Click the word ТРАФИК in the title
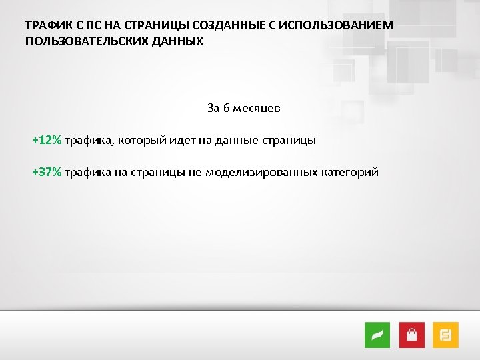(x=47, y=25)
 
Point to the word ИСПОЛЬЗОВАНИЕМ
(x=337, y=25)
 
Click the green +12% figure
(x=47, y=140)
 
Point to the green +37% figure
(x=47, y=172)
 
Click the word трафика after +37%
(x=87, y=172)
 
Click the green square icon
(x=377, y=334)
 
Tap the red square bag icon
(x=412, y=334)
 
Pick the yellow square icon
(x=445, y=334)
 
